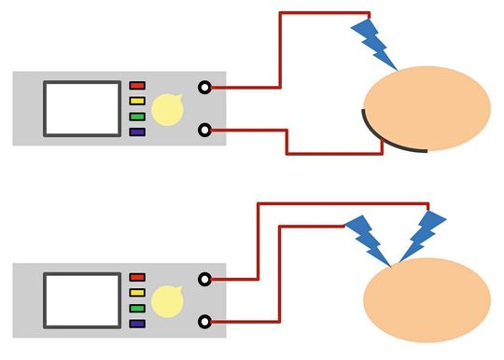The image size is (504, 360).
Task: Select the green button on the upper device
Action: coord(137,117)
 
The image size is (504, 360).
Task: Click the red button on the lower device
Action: coord(137,278)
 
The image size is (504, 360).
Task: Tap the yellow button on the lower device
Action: coord(137,293)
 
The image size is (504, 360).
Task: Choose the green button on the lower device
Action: coord(137,308)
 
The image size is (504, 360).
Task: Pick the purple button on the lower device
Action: coord(137,323)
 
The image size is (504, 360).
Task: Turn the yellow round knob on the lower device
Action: coord(167,300)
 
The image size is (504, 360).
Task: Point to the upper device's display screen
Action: coord(81,109)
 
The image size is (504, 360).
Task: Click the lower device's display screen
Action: coord(81,300)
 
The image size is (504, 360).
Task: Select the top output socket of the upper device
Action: coord(204,88)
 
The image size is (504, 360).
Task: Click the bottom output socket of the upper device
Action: coord(204,131)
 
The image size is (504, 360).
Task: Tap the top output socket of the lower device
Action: coord(204,279)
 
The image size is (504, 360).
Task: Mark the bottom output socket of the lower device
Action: coord(204,322)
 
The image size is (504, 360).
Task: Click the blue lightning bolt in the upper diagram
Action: coord(374,45)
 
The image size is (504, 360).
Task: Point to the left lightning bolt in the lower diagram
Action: coord(368,240)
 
